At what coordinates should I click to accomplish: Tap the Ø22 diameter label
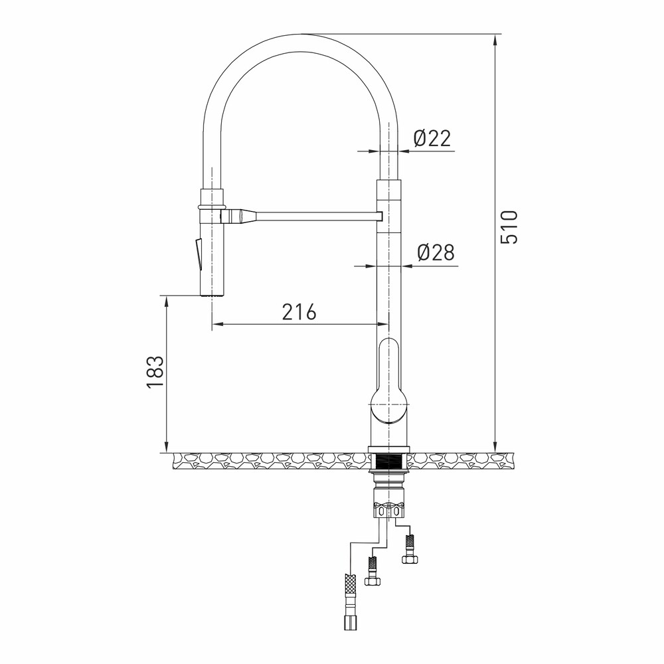point(432,138)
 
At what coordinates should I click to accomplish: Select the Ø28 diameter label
point(436,253)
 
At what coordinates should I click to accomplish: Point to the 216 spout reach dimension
point(299,312)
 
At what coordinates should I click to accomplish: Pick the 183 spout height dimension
point(155,372)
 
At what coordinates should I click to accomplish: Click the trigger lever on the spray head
point(198,254)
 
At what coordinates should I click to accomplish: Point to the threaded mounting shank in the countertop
point(388,461)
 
